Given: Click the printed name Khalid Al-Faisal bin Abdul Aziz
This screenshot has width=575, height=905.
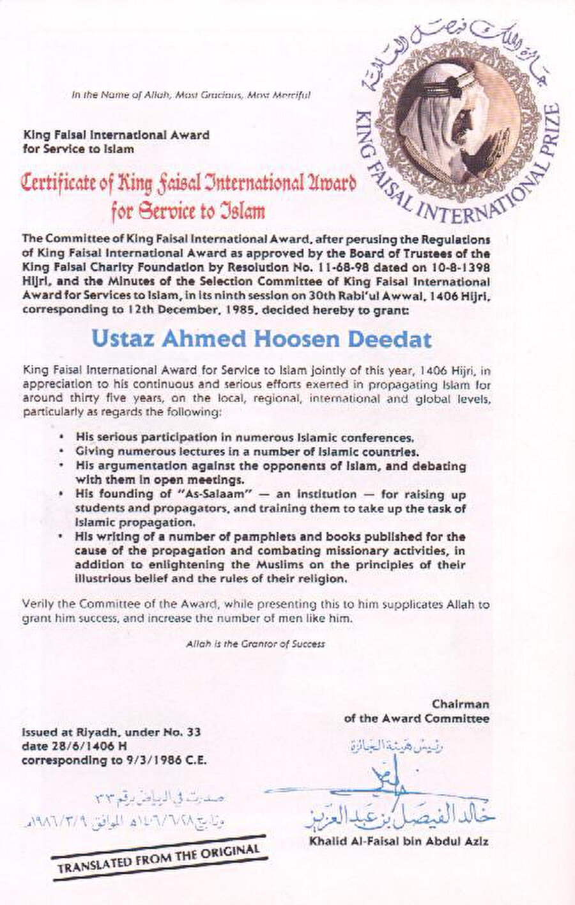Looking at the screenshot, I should (399, 842).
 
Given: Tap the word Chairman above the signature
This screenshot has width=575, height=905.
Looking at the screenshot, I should (461, 704).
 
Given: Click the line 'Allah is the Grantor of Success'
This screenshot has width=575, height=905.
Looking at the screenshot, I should (256, 644).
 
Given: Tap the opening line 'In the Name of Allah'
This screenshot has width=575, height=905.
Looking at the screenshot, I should (191, 95).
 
